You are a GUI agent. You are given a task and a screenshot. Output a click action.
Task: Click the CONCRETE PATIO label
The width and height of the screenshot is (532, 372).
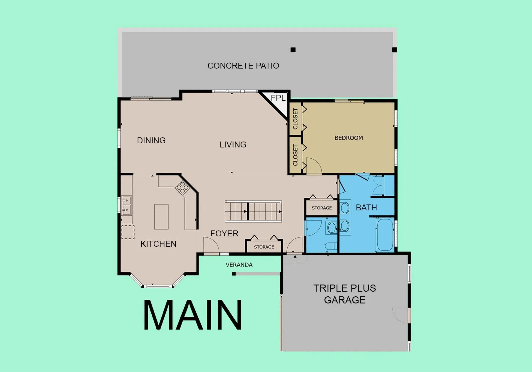pos(243,66)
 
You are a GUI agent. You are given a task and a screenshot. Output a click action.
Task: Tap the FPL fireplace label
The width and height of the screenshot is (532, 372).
pos(278,98)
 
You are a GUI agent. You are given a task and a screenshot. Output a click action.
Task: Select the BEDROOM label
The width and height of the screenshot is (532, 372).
pos(349,138)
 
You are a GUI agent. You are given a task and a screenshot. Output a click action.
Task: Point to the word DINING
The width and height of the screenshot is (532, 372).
pos(151,140)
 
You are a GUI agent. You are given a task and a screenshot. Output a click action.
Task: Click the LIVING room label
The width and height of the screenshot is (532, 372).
pos(233,144)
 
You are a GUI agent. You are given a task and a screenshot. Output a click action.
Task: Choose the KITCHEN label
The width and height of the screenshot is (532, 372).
pos(158,244)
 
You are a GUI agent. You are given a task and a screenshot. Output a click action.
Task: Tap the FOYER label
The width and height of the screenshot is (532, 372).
pos(224,233)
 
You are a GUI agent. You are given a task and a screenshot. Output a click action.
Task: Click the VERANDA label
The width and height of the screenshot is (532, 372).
pos(239,265)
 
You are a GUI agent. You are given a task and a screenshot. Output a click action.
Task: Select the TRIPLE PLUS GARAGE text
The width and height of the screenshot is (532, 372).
pos(345,294)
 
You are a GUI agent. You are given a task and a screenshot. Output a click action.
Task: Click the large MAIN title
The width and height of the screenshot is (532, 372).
pos(193,315)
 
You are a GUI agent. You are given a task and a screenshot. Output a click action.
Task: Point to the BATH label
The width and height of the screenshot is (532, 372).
pos(366,208)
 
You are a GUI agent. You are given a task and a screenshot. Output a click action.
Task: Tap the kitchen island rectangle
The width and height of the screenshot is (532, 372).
pos(161,217)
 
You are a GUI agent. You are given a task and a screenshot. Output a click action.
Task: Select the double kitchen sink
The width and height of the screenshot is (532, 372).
pos(126,205)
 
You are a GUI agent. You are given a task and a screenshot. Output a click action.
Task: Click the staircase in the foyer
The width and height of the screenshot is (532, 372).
pos(253,211)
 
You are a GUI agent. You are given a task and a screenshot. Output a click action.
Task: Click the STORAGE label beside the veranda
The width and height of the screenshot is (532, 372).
pos(264,247)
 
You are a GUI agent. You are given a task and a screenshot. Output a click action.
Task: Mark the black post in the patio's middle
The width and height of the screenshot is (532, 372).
pos(293,50)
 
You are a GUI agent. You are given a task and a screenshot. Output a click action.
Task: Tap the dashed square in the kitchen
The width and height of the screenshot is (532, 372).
pos(128,232)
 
